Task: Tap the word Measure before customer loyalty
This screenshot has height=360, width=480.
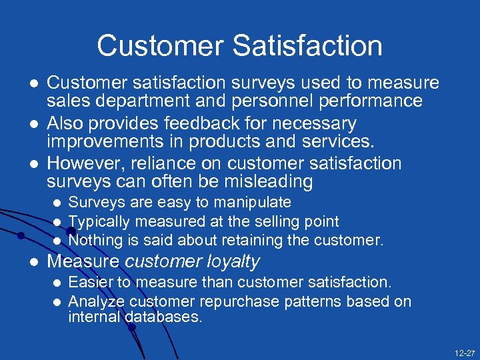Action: [83, 261]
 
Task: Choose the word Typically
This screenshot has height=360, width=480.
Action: [99, 221]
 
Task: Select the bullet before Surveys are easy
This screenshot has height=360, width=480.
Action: [57, 203]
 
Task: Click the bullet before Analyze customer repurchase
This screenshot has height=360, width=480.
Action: [57, 301]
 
